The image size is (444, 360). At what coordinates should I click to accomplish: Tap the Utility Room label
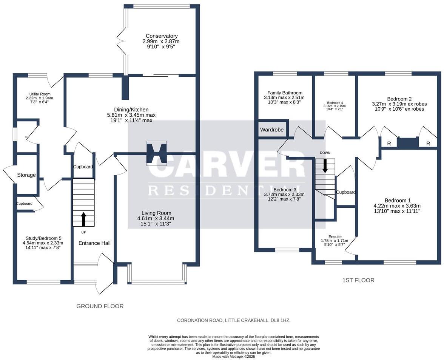pyautogui.click(x=40, y=94)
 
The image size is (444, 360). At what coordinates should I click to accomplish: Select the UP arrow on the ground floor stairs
pyautogui.click(x=83, y=219)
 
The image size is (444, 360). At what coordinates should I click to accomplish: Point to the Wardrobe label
pyautogui.click(x=271, y=130)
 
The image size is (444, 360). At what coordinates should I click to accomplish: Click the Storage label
pyautogui.click(x=26, y=175)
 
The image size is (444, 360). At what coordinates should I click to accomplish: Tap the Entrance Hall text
pyautogui.click(x=94, y=243)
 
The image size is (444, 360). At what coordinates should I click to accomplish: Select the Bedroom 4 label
pyautogui.click(x=335, y=102)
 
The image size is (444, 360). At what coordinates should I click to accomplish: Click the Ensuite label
pyautogui.click(x=335, y=236)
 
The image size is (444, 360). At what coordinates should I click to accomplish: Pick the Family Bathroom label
pyautogui.click(x=285, y=93)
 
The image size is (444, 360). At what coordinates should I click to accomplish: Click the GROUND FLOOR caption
pyautogui.click(x=100, y=306)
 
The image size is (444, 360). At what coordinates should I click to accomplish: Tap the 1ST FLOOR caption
pyautogui.click(x=358, y=280)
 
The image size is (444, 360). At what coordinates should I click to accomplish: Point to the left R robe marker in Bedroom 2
pyautogui.click(x=389, y=144)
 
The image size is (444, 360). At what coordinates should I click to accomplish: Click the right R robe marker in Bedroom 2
pyautogui.click(x=428, y=144)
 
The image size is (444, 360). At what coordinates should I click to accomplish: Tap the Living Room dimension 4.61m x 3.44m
pyautogui.click(x=156, y=218)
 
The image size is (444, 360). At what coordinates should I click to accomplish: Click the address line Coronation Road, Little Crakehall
pyautogui.click(x=234, y=320)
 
